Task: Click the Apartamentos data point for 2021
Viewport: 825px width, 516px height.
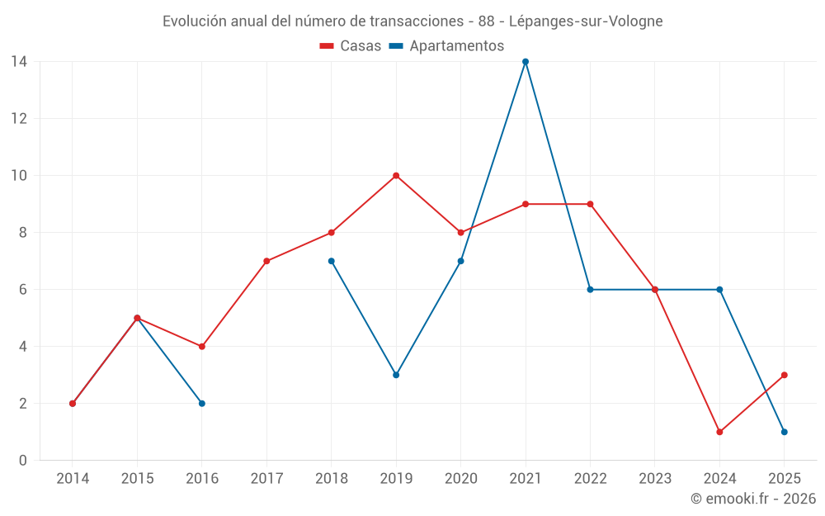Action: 526,62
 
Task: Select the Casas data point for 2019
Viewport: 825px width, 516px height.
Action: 396,176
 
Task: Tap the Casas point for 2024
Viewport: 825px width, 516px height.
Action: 719,432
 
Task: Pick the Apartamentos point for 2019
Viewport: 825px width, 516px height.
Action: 396,375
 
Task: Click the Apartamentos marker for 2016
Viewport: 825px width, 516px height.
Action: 202,404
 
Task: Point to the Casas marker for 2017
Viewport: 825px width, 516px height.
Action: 266,261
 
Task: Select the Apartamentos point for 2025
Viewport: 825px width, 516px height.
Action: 784,432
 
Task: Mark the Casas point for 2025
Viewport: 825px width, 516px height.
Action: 784,375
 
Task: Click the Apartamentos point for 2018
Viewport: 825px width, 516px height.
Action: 332,261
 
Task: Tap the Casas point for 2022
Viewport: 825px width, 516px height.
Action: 590,204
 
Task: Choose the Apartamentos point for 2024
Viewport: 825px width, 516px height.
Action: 719,290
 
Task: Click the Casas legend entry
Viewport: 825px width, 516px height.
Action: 351,46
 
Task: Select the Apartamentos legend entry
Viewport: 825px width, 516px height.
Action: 446,46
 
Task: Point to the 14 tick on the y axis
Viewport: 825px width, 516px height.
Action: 19,62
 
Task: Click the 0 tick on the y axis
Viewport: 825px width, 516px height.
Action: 23,461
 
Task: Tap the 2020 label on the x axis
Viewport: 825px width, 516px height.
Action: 460,479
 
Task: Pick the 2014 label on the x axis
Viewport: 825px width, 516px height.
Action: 73,479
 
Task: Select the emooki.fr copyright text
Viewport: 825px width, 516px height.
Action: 753,499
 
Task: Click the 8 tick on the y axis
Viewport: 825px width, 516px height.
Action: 23,233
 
